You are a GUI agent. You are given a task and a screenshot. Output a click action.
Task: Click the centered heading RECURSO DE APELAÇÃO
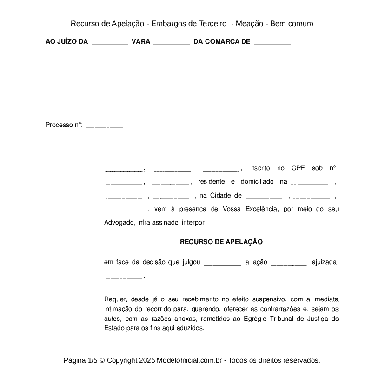pos(221,242)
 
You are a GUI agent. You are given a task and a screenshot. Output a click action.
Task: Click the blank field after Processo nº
pos(105,126)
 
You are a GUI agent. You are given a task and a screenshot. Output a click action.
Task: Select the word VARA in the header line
pos(141,42)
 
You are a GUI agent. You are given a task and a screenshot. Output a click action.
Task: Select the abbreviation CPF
pos(298,168)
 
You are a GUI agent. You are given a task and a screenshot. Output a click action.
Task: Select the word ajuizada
pos(324,262)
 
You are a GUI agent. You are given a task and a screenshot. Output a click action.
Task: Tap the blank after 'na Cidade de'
pos(264,196)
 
